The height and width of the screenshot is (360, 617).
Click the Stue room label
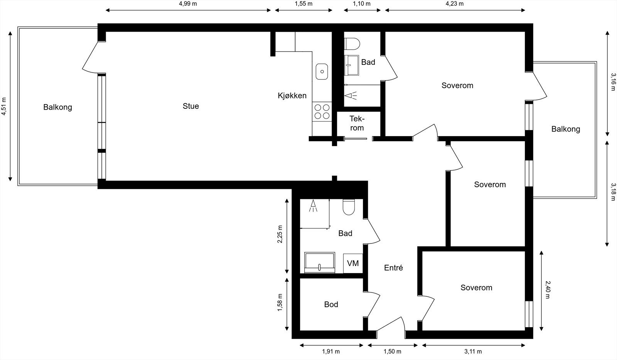tap(190, 106)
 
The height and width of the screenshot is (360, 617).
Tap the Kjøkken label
tap(292, 96)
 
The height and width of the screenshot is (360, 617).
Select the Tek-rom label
tap(357, 123)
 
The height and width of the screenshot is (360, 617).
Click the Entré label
tap(393, 268)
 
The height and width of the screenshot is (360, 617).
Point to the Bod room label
tap(331, 304)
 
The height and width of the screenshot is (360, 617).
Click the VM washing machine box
tap(353, 264)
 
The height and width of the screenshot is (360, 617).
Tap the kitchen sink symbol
tap(322, 72)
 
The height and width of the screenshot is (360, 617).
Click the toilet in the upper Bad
tap(352, 44)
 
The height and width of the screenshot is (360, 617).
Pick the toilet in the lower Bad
tap(349, 207)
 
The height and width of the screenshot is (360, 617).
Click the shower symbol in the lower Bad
tap(313, 206)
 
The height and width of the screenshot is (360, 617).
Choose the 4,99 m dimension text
tap(188, 4)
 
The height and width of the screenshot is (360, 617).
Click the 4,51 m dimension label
tap(4, 106)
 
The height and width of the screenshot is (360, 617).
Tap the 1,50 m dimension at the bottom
tap(392, 352)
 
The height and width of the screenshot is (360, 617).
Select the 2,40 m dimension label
tap(548, 289)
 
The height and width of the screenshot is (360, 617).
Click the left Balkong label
tap(57, 107)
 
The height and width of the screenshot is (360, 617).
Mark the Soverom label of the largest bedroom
tap(457, 86)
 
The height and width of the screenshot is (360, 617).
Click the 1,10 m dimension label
tap(361, 4)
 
